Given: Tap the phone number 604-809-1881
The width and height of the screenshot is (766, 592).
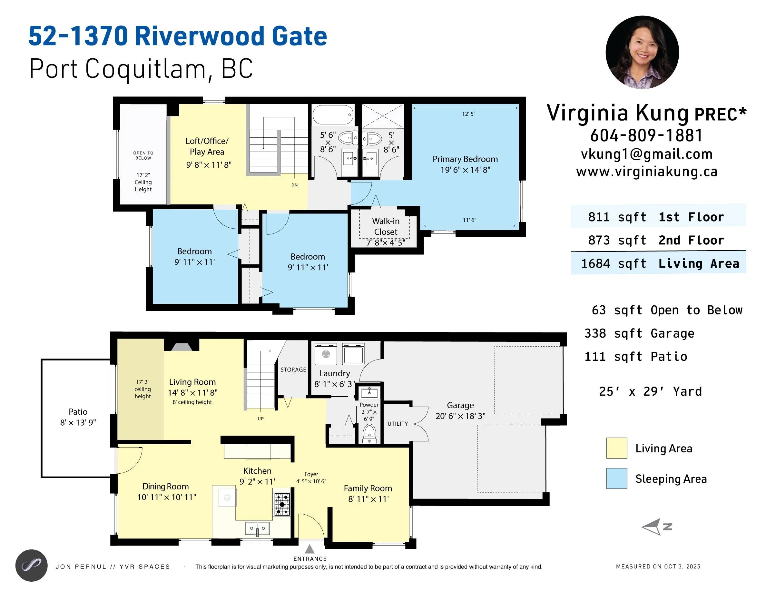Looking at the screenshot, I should (646, 135).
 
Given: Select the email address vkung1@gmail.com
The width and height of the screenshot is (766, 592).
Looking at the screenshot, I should (646, 154).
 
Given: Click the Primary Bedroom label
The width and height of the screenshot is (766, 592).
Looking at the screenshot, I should (465, 159).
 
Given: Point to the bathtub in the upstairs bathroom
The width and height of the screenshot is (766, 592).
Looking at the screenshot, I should (332, 115).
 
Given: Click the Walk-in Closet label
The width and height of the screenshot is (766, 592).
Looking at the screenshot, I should (386, 227).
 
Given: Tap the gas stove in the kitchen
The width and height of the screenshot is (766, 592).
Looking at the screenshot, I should (282, 504).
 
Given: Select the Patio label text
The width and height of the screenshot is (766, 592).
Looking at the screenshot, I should (78, 412).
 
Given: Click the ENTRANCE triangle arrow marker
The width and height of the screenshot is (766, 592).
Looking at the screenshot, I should (309, 549).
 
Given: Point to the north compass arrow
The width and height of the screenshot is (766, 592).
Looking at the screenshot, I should (653, 527).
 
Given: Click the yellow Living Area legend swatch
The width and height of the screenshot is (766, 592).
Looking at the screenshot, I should (617, 448).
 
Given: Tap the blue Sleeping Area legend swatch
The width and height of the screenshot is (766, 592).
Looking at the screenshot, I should (617, 479).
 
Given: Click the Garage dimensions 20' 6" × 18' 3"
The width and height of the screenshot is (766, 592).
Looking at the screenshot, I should (460, 416).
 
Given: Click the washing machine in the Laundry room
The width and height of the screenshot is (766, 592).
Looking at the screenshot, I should (326, 355).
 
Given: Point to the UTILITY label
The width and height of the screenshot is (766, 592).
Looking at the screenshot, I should (398, 424).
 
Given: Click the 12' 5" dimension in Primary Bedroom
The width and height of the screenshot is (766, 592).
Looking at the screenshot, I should (468, 114).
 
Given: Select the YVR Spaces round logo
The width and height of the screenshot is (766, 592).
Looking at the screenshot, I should (32, 565).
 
